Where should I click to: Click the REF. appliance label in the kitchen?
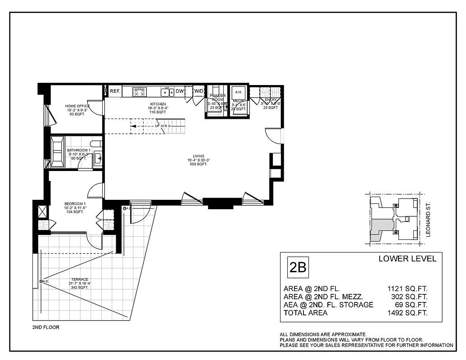(x=115, y=91)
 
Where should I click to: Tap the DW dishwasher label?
(x=180, y=91)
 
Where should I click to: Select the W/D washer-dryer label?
(x=199, y=91)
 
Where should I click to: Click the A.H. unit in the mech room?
(x=239, y=92)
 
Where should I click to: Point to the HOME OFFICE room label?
(x=77, y=106)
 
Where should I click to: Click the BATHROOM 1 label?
(x=79, y=150)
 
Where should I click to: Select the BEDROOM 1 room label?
(x=75, y=203)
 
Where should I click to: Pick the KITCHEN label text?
(x=158, y=104)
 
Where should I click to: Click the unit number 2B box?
(x=298, y=267)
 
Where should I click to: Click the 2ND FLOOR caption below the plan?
(x=45, y=328)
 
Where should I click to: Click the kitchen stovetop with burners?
(x=140, y=92)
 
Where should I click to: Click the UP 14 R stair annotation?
(x=161, y=126)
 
